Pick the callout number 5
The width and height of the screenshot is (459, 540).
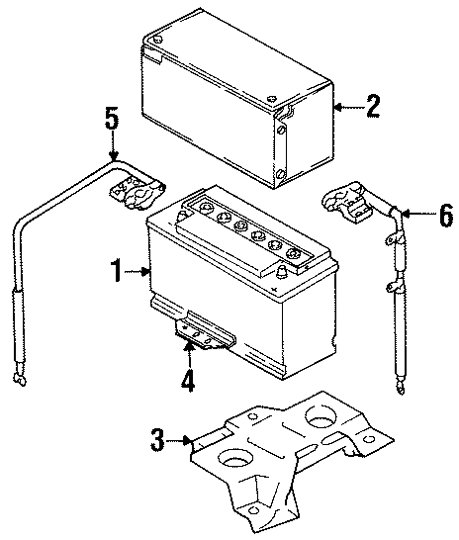point(113,119)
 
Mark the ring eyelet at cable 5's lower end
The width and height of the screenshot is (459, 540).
point(18,377)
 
